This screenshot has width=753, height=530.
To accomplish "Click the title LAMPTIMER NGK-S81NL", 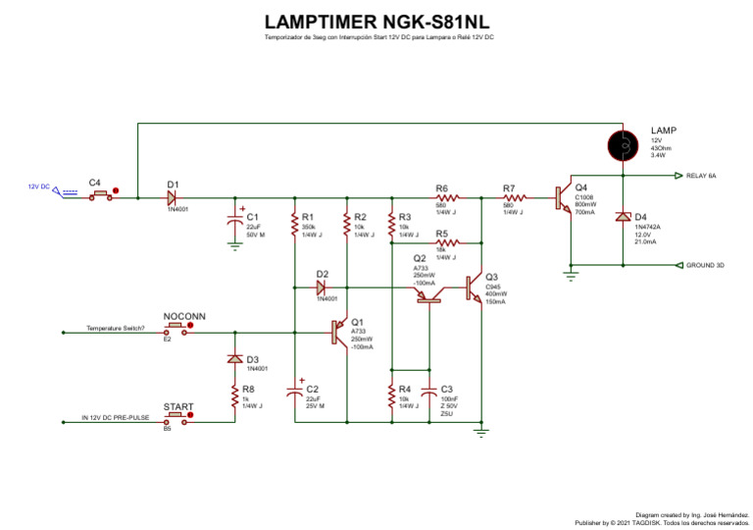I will (376, 23).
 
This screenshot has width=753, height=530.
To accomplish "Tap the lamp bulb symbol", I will (622, 145).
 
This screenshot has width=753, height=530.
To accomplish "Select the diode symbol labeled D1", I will (172, 195).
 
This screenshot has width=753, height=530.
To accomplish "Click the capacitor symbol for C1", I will (235, 221).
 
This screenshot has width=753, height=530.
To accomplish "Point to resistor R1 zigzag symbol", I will (294, 226).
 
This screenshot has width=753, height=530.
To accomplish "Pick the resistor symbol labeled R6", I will (441, 196).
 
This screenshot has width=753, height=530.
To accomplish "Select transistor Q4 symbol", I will (566, 197).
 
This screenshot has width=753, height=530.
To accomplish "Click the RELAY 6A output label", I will (701, 176).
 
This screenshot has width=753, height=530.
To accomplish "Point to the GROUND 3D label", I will (705, 265).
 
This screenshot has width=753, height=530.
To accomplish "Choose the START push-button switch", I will (178, 416).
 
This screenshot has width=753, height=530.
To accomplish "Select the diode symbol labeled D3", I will (234, 359).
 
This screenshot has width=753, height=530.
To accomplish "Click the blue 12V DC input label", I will (38, 186).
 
